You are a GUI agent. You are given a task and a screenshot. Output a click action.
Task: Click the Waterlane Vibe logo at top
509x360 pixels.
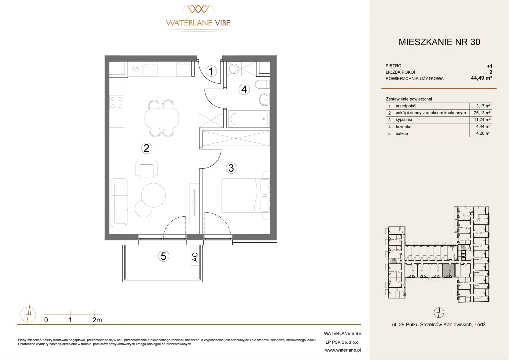pyautogui.click(x=198, y=18)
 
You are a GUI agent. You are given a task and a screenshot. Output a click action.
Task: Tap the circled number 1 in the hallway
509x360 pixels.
pyautogui.click(x=211, y=71)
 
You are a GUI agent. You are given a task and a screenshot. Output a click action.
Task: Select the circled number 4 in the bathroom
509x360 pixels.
pyautogui.click(x=244, y=89)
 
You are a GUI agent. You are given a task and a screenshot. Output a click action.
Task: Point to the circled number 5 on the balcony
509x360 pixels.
pyautogui.click(x=163, y=256)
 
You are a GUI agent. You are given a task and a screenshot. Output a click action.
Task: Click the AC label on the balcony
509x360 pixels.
pyautogui.click(x=195, y=257)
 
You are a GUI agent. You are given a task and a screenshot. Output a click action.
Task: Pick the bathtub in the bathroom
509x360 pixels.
pyautogui.click(x=249, y=119)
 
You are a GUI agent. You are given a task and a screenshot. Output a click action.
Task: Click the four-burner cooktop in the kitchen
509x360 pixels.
pyautogui.click(x=117, y=103)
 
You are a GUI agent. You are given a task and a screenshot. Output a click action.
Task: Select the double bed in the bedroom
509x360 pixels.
pyautogui.click(x=246, y=196)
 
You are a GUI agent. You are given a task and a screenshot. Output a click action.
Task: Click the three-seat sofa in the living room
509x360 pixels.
pyautogui.click(x=119, y=203)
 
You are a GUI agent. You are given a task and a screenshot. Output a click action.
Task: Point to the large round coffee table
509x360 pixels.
pyautogui.click(x=153, y=195)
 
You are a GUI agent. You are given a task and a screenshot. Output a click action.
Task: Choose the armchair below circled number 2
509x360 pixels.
pyautogui.click(x=147, y=169)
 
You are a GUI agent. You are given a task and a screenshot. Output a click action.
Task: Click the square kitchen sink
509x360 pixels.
pyautogui.click(x=150, y=69)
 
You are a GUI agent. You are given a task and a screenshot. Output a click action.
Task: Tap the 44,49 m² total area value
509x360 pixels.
pyautogui.click(x=481, y=78)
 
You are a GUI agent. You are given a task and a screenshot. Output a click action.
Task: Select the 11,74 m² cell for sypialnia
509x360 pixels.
pyautogui.click(x=482, y=120)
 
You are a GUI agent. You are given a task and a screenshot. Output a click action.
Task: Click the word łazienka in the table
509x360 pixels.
pyautogui.click(x=403, y=127)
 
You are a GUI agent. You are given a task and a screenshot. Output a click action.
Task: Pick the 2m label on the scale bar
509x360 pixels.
pyautogui.click(x=97, y=320)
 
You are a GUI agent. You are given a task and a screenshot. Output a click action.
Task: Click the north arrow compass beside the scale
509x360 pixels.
pyautogui.click(x=28, y=315)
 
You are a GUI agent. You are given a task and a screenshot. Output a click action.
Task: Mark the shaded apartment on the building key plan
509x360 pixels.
pyautogui.click(x=449, y=270)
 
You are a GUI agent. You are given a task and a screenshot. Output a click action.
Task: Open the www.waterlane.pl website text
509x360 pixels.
pyautogui.click(x=343, y=350)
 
